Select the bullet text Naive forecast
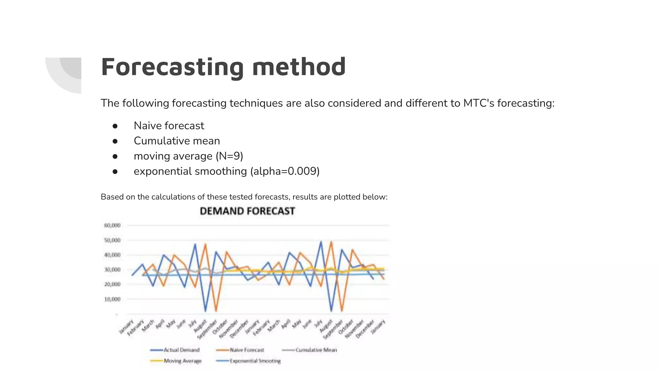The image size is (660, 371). pos(169,126)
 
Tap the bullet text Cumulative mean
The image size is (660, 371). pos(177,141)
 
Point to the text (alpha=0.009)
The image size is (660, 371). pos(285,171)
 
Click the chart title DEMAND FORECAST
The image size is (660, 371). pos(247,211)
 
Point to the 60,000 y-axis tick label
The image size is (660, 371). pos(112,225)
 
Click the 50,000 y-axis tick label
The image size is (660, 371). pos(112,240)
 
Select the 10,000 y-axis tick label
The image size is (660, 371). pos(112,299)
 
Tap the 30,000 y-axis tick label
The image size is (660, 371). pos(112,270)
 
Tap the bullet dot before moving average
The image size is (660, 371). pos(115,157)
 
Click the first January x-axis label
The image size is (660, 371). pos(126,327)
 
